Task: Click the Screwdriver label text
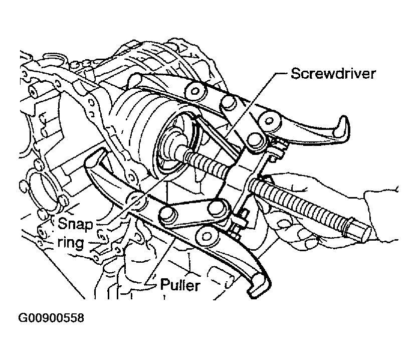[333, 74]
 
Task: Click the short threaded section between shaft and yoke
[208, 163]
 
